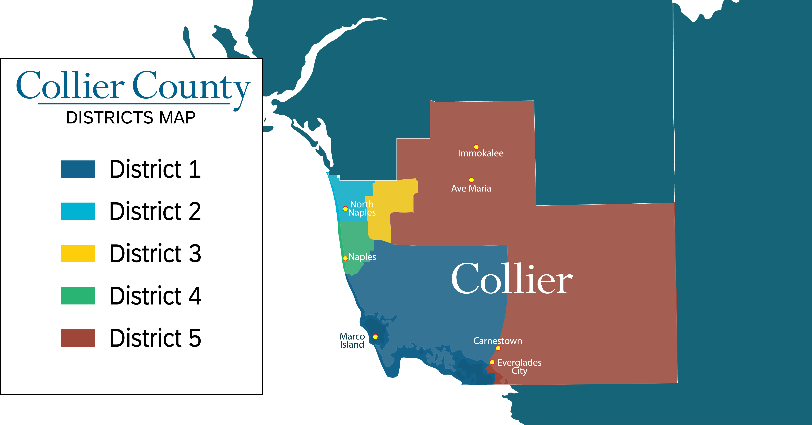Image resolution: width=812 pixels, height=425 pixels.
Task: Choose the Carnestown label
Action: point(497,341)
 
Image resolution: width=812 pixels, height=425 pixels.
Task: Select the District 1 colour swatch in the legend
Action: point(77,169)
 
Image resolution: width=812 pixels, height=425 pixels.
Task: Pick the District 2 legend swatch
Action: point(77,211)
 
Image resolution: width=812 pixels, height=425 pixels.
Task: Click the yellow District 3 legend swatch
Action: point(77,253)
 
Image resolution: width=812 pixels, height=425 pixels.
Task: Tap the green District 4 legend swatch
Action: point(77,296)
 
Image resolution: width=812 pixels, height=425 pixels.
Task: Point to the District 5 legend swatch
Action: point(77,338)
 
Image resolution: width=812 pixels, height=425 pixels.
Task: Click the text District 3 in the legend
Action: point(155,253)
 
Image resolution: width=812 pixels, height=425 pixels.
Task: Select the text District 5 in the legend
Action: point(155,338)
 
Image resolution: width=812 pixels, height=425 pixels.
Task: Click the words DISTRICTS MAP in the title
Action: point(131,118)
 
